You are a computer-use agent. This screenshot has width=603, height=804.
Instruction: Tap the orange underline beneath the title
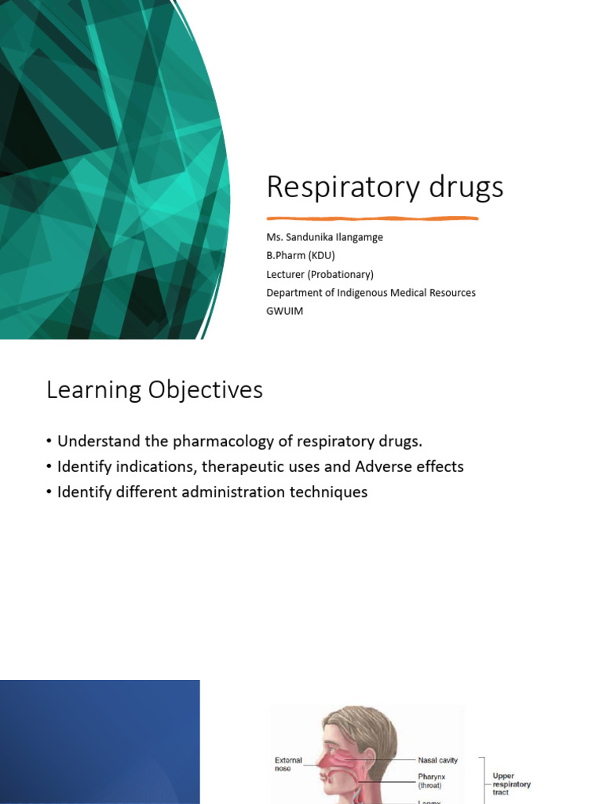[x=383, y=217]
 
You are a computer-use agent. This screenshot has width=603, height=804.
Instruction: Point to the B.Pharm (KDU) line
[x=301, y=255]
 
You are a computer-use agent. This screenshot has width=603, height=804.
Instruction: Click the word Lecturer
[x=287, y=274]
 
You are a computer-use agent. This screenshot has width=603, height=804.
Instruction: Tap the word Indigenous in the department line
[x=368, y=293]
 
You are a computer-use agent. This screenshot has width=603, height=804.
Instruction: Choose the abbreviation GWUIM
[x=284, y=311]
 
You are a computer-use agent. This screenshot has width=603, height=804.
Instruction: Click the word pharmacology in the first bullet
[x=217, y=441]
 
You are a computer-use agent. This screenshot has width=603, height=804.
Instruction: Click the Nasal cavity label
[x=437, y=760]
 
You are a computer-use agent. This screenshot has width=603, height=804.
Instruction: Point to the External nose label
[x=288, y=765]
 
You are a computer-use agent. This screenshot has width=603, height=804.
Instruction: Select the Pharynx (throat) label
[x=433, y=780]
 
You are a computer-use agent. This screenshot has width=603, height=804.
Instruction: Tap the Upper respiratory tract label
[x=511, y=784]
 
